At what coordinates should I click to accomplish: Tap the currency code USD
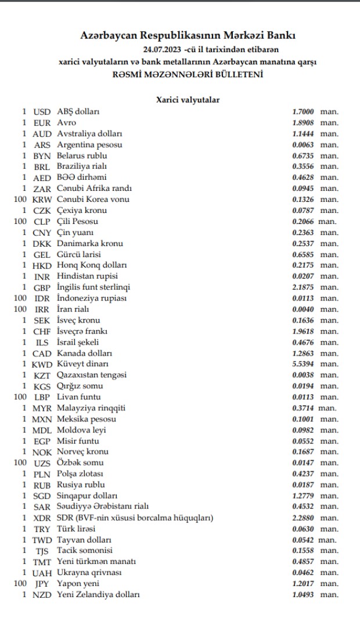(x=42, y=111)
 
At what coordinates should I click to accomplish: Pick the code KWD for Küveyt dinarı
(x=42, y=364)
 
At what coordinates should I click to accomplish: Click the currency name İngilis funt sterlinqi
(x=93, y=287)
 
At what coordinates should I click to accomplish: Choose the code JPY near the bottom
(x=42, y=583)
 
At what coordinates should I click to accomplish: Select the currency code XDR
(x=42, y=518)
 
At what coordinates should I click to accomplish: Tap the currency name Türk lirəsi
(x=76, y=529)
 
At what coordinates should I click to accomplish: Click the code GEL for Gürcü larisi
(x=42, y=254)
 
